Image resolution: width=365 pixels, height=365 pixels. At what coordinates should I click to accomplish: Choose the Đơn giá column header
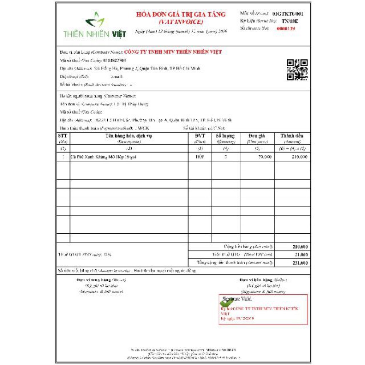[257, 137]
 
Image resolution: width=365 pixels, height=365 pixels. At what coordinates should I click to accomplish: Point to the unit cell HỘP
[200, 156]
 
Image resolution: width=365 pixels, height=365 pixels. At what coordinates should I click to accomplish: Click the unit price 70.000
[265, 156]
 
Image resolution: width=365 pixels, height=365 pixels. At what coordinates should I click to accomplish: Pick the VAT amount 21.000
[301, 254]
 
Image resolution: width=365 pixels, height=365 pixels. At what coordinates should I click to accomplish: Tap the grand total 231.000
[300, 262]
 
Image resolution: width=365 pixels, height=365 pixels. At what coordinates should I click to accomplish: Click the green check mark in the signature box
[224, 307]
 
